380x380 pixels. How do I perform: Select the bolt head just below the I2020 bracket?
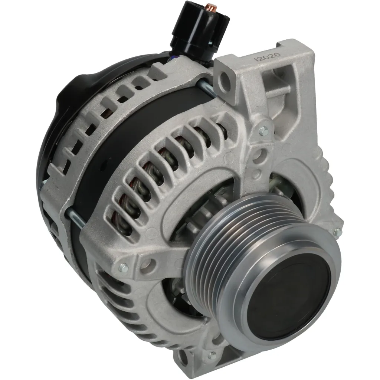(264, 131)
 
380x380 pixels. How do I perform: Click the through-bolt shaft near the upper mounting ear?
(205, 88)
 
